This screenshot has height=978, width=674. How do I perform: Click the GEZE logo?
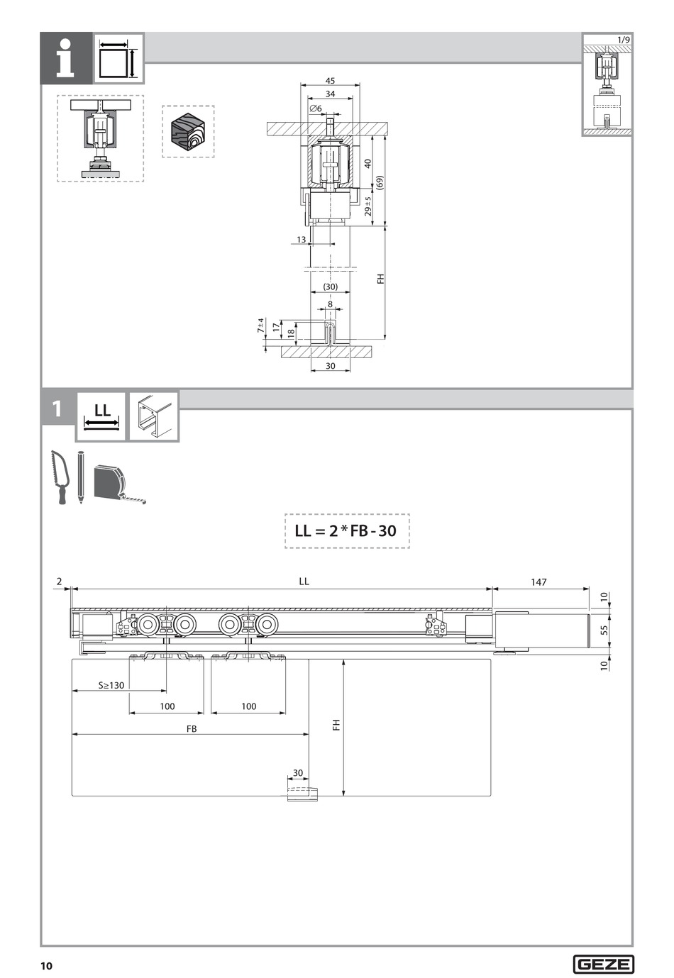(x=603, y=964)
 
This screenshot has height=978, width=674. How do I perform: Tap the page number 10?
(x=46, y=966)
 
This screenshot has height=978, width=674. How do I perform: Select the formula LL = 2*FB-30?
(x=346, y=530)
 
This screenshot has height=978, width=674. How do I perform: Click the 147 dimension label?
(x=538, y=582)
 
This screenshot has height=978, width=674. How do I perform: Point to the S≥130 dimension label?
(x=111, y=685)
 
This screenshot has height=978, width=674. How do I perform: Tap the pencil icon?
(x=80, y=477)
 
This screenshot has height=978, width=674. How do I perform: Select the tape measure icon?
(x=118, y=484)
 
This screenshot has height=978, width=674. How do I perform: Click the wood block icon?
(x=188, y=131)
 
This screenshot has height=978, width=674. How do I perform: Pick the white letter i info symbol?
(x=65, y=58)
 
